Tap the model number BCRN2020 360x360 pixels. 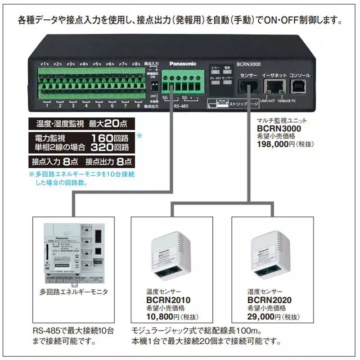(x=270, y=300)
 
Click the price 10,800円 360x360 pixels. (x=161, y=316)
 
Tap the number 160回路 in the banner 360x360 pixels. (x=110, y=137)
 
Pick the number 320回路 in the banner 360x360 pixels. (x=110, y=147)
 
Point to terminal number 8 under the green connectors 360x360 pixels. (x=138, y=107)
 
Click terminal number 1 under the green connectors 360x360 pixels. (x=47, y=107)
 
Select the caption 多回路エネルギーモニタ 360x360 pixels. (x=73, y=292)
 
